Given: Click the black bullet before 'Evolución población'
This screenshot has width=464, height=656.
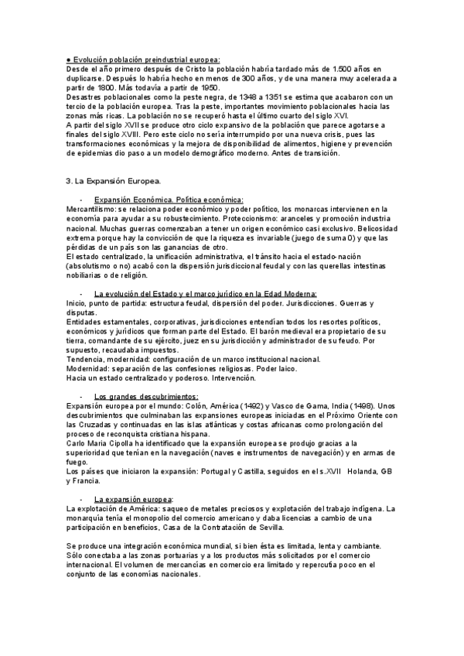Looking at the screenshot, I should click(69, 59).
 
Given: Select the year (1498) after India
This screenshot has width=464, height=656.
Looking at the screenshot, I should click(367, 405).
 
